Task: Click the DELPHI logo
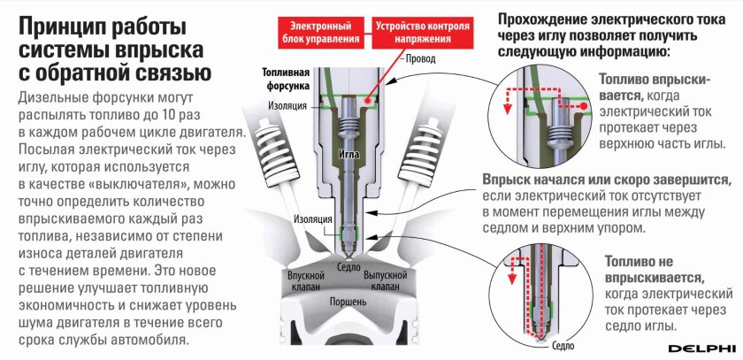(704, 347)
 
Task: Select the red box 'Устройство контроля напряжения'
(421, 33)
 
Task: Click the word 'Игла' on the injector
(351, 152)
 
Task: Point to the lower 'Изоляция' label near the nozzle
(314, 218)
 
